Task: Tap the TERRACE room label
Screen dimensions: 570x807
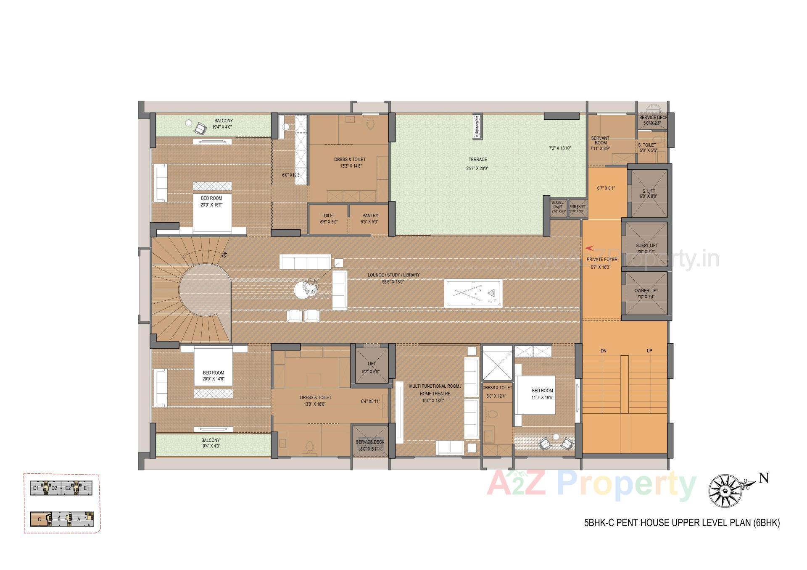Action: [x=477, y=160]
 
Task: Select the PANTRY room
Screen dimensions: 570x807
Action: [x=370, y=218]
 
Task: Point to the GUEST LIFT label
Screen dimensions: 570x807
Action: [x=646, y=246]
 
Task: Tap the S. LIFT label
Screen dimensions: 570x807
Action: [x=648, y=191]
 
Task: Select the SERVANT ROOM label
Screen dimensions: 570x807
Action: [x=600, y=140]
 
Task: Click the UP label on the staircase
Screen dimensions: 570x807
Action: [x=649, y=351]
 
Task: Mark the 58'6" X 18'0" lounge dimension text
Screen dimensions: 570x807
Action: [x=393, y=282]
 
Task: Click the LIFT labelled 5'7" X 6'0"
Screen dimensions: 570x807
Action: [x=371, y=364]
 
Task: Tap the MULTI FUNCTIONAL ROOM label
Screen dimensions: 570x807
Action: [x=435, y=386]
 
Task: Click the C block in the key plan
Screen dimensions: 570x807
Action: [x=40, y=519]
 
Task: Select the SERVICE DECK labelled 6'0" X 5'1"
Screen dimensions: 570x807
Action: [x=370, y=442]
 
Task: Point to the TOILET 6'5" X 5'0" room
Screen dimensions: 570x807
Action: [x=328, y=218]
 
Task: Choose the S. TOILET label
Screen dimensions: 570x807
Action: [x=647, y=145]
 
